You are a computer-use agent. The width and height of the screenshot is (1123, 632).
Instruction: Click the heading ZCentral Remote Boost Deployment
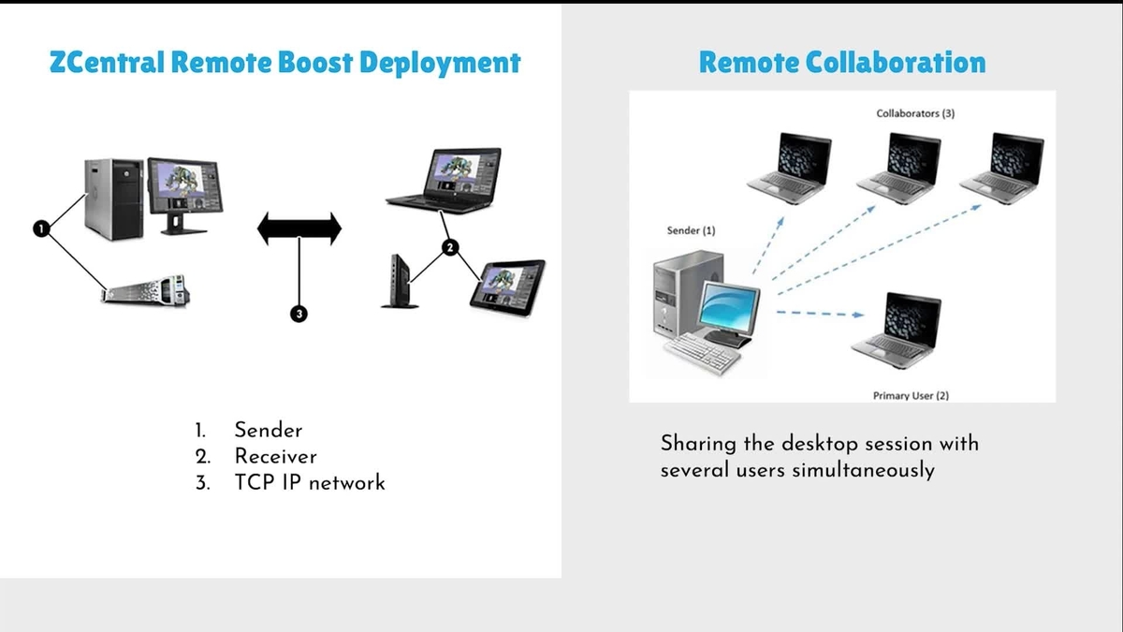tap(284, 64)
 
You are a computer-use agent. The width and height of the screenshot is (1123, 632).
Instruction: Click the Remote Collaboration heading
tap(841, 64)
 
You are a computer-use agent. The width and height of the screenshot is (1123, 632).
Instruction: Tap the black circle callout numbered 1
tap(40, 228)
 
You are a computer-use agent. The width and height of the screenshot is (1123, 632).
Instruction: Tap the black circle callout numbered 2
tap(450, 247)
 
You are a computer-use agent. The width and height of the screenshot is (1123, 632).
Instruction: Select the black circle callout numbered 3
tap(299, 314)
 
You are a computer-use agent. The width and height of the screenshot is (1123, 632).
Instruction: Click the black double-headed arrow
tap(299, 228)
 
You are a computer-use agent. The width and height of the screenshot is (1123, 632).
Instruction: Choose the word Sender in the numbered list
tap(269, 431)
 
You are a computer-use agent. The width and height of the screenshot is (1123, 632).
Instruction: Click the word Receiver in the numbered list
tap(275, 457)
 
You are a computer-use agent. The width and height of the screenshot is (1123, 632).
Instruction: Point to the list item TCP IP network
tap(310, 483)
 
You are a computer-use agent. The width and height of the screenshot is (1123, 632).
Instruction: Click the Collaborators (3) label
tap(914, 113)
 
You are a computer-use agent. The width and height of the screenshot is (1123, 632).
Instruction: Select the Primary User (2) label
tap(910, 395)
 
